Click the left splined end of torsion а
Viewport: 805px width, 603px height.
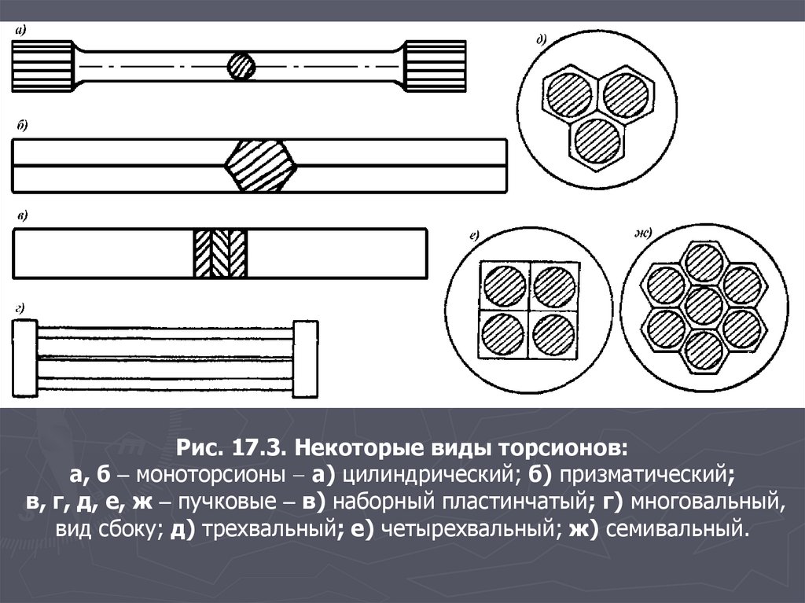pos(42,66)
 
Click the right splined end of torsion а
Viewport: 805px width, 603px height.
pos(436,66)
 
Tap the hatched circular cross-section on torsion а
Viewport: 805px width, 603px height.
pos(241,66)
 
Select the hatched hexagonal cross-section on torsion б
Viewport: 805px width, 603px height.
pos(261,166)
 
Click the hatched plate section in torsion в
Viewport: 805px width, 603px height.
pos(220,253)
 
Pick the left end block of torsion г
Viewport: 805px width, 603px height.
pos(24,358)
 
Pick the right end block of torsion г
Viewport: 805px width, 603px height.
pos(306,359)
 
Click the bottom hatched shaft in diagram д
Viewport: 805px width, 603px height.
pos(597,141)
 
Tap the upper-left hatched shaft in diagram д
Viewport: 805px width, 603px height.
pos(569,95)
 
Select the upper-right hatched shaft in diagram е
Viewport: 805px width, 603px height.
pos(554,287)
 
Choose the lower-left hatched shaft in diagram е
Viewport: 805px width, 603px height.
pos(503,335)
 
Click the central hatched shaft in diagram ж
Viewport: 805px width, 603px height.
pos(704,306)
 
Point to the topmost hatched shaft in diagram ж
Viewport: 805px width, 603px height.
pos(704,263)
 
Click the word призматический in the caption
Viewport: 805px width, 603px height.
pos(643,475)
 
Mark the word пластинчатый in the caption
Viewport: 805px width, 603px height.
pos(514,502)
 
